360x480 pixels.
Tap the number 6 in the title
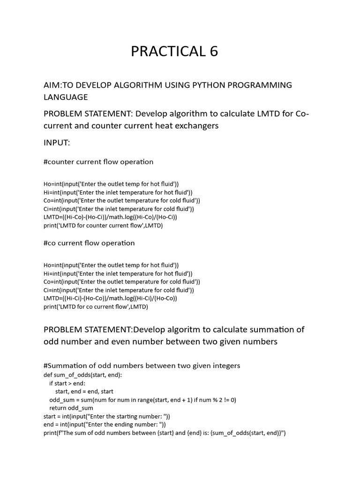[214, 52]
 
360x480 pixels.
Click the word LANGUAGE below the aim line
[66, 97]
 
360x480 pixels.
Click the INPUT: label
[57, 142]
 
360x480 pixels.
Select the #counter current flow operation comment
[98, 162]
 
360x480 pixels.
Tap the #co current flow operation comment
[89, 243]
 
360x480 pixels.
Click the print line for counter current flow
[103, 225]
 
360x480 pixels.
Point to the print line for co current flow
[96, 307]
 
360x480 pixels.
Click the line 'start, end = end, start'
[84, 391]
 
